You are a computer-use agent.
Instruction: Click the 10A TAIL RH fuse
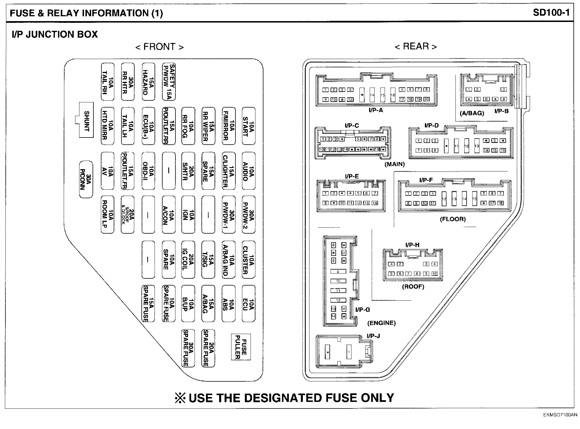coord(108,82)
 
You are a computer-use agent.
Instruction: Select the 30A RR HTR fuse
coord(128,82)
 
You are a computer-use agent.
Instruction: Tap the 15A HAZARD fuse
coord(148,82)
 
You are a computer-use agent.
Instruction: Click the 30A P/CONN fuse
coord(86,179)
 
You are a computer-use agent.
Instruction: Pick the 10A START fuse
coord(248,126)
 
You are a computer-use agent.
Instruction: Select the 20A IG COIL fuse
coord(188,260)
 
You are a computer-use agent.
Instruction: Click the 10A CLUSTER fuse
coord(248,260)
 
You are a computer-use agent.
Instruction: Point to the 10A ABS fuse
coord(229,303)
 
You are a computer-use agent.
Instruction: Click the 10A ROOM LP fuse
coord(108,214)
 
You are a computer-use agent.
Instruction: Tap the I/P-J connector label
coord(373,336)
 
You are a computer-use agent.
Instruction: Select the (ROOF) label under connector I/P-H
coord(413,287)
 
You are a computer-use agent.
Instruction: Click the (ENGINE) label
coord(381,323)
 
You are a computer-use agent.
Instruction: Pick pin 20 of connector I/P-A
coord(426,99)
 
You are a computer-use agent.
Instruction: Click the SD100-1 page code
coord(551,13)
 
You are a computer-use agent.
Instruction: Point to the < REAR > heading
coord(415,46)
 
